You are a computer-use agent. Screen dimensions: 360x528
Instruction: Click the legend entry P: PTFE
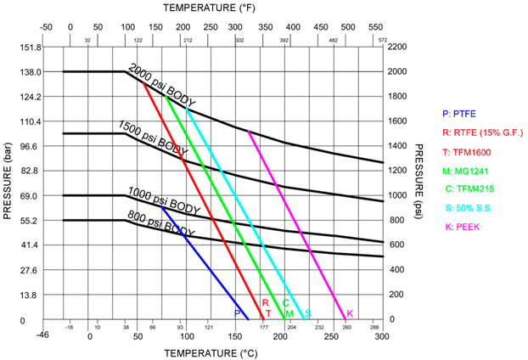pos(461,113)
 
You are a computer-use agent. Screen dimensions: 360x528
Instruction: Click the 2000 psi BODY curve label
pos(162,86)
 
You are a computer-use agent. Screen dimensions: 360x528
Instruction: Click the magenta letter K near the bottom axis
pos(350,313)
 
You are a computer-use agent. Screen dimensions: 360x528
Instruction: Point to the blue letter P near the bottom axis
pos(237,313)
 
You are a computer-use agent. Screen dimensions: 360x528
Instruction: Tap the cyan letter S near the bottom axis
pos(307,313)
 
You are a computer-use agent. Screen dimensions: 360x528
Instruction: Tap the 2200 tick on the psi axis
pos(399,47)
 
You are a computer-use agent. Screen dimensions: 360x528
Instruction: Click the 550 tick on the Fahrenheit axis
pos(375,26)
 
